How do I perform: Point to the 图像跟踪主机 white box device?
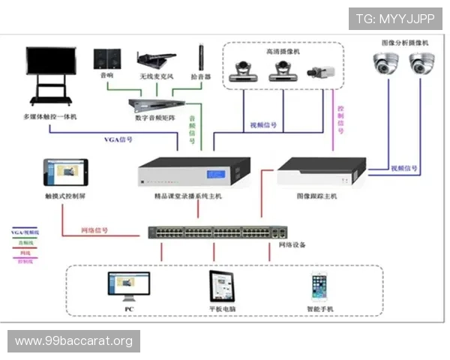(x=321, y=172)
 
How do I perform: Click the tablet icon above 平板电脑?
(x=223, y=286)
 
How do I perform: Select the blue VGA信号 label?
(x=118, y=139)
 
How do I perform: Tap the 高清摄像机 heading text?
(x=282, y=52)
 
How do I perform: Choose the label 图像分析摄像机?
(x=405, y=43)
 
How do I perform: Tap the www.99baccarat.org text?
(x=74, y=341)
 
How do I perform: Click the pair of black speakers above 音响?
(x=106, y=58)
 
